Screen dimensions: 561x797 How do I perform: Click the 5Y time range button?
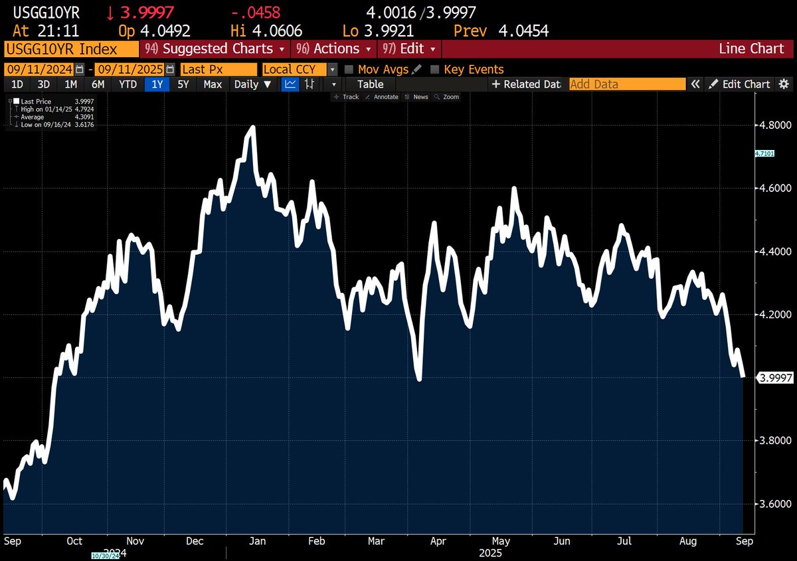pyautogui.click(x=183, y=84)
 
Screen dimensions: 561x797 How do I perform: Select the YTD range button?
pyautogui.click(x=128, y=84)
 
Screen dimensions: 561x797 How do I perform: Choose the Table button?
pyautogui.click(x=370, y=84)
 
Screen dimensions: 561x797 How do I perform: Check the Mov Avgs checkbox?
pyautogui.click(x=349, y=70)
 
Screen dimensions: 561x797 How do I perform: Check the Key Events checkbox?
pyautogui.click(x=435, y=70)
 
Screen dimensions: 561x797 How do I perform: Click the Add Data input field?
pyautogui.click(x=626, y=84)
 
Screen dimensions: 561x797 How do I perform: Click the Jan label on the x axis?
pyautogui.click(x=257, y=541)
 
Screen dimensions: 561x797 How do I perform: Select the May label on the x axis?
pyautogui.click(x=499, y=541)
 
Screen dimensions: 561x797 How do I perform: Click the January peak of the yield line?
pyautogui.click(x=253, y=127)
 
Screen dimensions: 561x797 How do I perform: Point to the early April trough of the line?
pyautogui.click(x=420, y=379)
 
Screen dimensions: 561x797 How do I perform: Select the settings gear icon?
pyautogui.click(x=784, y=84)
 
